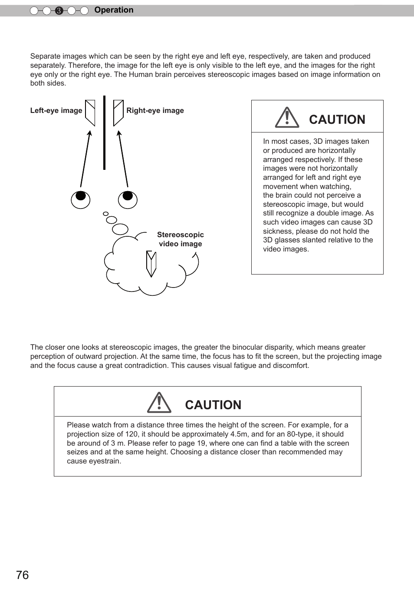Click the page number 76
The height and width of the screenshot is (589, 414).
pos(23,575)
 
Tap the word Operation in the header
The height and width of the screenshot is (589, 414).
pos(114,10)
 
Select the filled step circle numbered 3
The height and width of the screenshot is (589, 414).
pos(59,11)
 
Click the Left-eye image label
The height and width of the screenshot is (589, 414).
pos(56,110)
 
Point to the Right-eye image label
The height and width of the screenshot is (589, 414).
pos(155,110)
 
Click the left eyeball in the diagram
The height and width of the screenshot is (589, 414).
pos(81,199)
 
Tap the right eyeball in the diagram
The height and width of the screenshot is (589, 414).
pos(128,199)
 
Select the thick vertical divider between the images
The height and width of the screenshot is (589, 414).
pos(104,132)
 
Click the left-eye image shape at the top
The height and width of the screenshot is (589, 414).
pos(90,113)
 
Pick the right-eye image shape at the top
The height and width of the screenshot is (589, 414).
pos(118,113)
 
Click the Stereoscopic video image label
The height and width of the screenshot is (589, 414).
pos(180,239)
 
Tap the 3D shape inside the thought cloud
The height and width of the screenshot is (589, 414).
pos(151,264)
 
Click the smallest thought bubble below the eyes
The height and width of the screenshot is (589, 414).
pos(105,214)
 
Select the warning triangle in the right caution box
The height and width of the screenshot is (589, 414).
pos(287,118)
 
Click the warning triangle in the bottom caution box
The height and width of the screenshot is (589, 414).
pos(159,403)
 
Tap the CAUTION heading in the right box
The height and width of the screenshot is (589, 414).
pos(337,119)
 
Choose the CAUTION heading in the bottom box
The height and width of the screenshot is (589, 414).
pos(213,405)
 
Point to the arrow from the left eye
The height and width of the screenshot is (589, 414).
pos(85,159)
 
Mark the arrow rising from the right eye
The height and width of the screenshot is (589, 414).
pos(123,159)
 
